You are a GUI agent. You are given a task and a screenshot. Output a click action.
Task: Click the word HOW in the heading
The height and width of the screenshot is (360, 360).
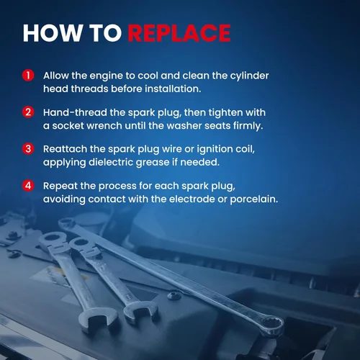click(53, 33)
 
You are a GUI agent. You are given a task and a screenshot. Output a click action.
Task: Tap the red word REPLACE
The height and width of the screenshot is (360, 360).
click(179, 33)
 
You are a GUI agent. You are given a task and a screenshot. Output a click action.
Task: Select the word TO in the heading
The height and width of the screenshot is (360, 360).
click(105, 33)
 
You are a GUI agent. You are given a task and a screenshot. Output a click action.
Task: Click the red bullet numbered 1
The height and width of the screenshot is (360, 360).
click(28, 76)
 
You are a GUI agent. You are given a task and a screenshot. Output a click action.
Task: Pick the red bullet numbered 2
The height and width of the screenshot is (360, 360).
click(28, 112)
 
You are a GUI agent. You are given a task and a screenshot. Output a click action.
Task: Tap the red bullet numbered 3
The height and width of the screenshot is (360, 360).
click(28, 149)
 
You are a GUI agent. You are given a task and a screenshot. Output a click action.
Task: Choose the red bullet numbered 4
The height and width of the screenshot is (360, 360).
click(28, 186)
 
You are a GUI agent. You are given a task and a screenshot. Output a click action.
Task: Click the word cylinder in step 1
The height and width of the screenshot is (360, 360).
click(249, 76)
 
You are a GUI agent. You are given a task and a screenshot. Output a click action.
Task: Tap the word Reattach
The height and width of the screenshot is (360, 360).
click(65, 149)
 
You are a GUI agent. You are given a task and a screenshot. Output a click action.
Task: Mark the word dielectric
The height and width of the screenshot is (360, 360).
click(111, 162)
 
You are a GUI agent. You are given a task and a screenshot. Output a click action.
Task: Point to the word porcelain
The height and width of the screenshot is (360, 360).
click(254, 199)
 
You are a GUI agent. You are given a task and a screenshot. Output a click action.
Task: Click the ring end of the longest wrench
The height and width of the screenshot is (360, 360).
click(273, 325)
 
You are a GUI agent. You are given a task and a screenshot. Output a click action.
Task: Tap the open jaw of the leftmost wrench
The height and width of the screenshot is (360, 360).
click(96, 319)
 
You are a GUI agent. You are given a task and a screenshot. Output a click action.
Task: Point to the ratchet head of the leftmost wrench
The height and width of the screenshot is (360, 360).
click(53, 240)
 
